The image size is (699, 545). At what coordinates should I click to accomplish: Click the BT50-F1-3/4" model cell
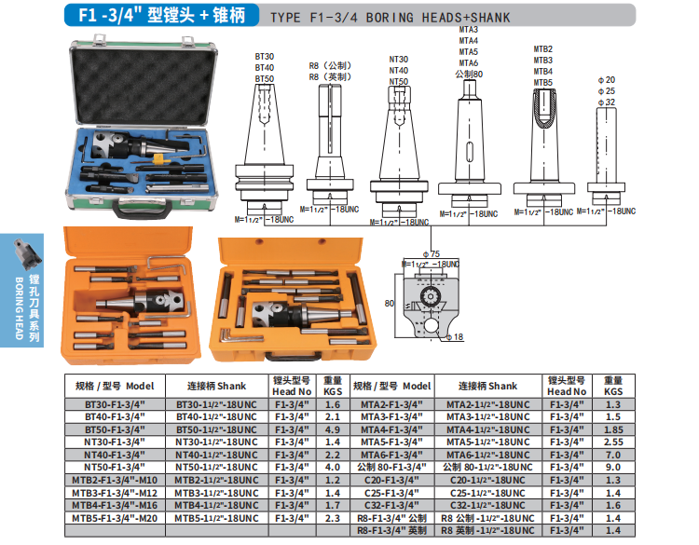click(x=115, y=429)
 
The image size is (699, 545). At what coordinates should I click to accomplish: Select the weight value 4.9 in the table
click(x=333, y=429)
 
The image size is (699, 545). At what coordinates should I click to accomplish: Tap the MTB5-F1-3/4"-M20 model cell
click(x=115, y=518)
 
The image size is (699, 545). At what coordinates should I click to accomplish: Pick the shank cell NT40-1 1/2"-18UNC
click(x=216, y=455)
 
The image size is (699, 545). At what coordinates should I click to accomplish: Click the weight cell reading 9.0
click(x=613, y=468)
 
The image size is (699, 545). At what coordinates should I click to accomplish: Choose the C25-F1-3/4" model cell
click(x=391, y=493)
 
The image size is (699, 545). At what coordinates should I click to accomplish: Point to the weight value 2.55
click(x=613, y=443)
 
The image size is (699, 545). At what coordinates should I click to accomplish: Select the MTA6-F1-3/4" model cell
click(x=391, y=455)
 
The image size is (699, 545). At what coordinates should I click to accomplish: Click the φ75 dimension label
click(x=432, y=254)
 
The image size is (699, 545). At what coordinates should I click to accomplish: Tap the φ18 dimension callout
click(x=455, y=337)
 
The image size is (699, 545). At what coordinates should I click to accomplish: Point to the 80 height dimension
click(x=390, y=304)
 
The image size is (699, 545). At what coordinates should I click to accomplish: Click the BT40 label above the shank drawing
click(x=265, y=68)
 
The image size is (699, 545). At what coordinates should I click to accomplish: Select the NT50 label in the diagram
click(x=399, y=82)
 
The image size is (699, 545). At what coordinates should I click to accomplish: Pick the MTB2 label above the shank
click(x=543, y=49)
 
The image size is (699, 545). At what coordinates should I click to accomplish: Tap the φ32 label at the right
click(x=607, y=102)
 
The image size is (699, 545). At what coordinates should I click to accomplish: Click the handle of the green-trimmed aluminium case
click(x=142, y=209)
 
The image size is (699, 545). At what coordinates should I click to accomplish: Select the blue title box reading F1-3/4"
click(x=162, y=15)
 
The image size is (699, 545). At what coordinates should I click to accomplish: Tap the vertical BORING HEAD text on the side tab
click(x=20, y=308)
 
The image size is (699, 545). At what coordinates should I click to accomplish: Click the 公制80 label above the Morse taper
click(x=469, y=74)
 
